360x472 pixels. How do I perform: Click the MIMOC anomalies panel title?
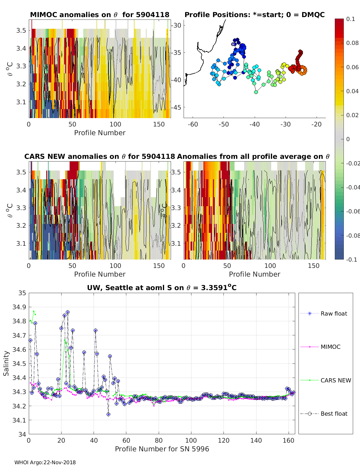click(100, 15)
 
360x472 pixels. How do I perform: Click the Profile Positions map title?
click(254, 15)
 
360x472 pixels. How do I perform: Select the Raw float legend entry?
click(334, 314)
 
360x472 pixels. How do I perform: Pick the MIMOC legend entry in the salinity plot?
click(330, 347)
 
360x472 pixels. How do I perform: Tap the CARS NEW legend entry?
click(336, 381)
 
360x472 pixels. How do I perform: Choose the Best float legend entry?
click(334, 414)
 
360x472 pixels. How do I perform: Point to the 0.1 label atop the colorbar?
click(350, 19)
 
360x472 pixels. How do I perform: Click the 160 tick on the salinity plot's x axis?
click(289, 441)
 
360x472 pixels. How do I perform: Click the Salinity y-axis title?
click(6, 364)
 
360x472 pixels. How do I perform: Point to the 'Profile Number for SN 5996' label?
click(162, 449)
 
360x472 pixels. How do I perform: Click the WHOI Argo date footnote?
click(45, 463)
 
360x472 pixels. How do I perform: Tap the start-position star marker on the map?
click(233, 44)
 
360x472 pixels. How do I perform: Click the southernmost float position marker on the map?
click(256, 92)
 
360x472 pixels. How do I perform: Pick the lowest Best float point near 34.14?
click(108, 414)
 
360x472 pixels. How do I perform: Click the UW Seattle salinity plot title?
click(162, 288)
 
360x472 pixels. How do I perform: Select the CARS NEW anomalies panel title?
click(100, 157)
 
